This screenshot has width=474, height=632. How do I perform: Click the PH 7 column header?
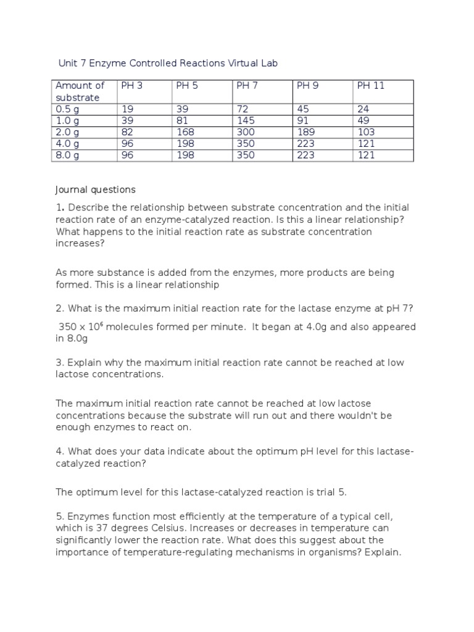pyautogui.click(x=247, y=86)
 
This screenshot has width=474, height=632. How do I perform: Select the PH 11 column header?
pyautogui.click(x=370, y=86)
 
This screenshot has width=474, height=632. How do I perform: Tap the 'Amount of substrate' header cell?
pyautogui.click(x=80, y=91)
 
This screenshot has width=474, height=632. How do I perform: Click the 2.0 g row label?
pyautogui.click(x=67, y=132)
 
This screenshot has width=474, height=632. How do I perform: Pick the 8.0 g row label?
pyautogui.click(x=67, y=156)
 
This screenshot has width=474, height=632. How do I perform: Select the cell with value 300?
pyautogui.click(x=246, y=132)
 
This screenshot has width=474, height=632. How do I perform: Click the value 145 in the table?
pyautogui.click(x=246, y=120)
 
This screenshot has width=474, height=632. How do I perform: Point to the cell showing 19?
pyautogui.click(x=128, y=109)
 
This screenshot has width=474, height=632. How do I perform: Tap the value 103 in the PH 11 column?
pyautogui.click(x=366, y=132)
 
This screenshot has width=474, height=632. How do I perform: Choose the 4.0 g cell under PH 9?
pyautogui.click(x=306, y=144)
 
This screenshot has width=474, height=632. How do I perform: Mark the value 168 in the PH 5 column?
pyautogui.click(x=185, y=132)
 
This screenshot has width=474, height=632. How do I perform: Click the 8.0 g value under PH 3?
pyautogui.click(x=128, y=156)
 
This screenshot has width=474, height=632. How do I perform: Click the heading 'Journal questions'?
pyautogui.click(x=95, y=189)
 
